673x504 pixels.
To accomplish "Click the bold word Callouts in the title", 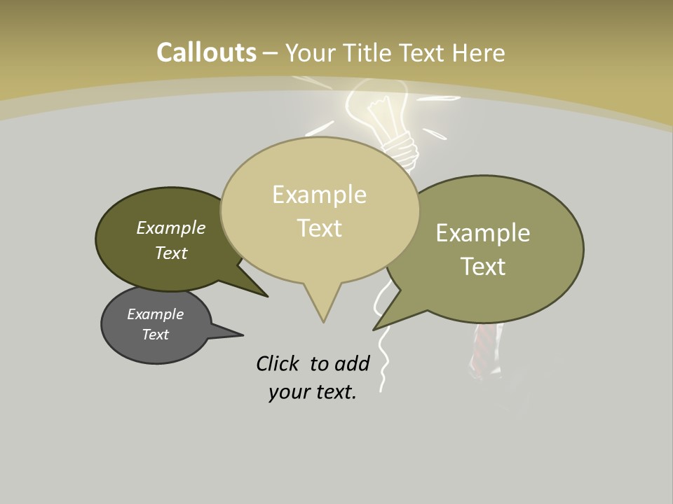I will [x=206, y=52].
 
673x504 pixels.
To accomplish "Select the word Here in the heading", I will [x=478, y=52].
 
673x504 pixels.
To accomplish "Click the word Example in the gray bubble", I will [x=155, y=314].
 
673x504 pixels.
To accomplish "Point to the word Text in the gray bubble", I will [x=155, y=335].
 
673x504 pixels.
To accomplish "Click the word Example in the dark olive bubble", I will [x=170, y=228].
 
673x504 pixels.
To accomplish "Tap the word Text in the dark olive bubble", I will [x=170, y=253].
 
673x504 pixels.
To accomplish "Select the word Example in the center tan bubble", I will [x=319, y=195].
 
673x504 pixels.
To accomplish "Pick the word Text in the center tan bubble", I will [x=319, y=228].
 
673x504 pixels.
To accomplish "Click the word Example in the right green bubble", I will [x=482, y=233].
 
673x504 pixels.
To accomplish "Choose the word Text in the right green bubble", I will [x=482, y=267].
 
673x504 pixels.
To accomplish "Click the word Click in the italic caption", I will [x=278, y=363].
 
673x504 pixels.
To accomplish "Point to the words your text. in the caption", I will [x=312, y=392].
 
